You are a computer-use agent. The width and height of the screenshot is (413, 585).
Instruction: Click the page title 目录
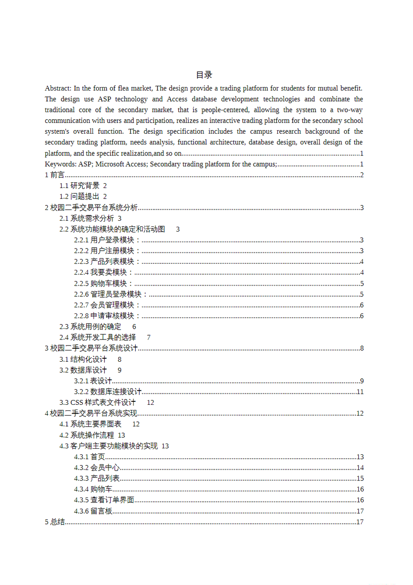coord(204,75)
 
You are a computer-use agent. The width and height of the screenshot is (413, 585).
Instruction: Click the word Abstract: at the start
coord(58,88)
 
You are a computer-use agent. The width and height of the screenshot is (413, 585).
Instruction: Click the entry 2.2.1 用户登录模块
coord(107,240)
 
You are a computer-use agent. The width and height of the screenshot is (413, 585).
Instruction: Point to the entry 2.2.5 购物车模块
coord(103,284)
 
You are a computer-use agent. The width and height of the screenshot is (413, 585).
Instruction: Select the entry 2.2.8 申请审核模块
coord(107,316)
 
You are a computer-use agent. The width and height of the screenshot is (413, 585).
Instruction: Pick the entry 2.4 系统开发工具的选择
coord(98,337)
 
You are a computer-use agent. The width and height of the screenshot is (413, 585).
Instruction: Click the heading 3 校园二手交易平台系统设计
coord(91,348)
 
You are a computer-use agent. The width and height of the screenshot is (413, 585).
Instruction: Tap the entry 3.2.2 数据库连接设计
coord(108,392)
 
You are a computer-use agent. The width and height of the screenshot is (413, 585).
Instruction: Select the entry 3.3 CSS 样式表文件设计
coord(98,403)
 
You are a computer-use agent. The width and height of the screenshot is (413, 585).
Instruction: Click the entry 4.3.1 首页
coord(90,457)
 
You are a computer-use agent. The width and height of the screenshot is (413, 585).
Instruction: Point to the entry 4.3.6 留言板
coord(93,511)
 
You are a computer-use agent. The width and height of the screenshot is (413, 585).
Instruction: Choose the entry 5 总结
coord(55,522)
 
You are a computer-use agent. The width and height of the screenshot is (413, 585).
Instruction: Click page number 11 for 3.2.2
coord(360,392)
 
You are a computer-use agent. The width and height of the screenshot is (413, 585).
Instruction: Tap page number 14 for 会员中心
coord(360,468)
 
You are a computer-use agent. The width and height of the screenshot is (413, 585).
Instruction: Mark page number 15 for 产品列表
coord(360,478)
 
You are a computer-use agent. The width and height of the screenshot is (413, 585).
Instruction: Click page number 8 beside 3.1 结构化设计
coord(120,360)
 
